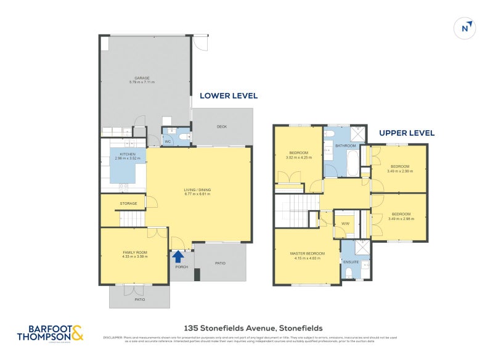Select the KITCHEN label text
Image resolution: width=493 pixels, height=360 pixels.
click(128, 155)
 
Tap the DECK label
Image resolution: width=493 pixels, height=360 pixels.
click(222, 127)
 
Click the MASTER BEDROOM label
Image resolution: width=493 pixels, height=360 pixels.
click(308, 253)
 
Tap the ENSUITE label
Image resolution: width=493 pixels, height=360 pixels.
click(351, 261)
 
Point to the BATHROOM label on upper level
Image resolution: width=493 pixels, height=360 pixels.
click(346, 146)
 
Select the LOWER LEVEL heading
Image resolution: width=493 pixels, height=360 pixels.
click(228, 96)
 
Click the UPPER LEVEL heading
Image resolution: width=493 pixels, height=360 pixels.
click(407, 133)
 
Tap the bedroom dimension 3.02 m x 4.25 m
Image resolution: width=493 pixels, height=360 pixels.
click(299, 157)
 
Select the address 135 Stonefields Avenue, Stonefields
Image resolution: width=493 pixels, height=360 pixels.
click(253, 329)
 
